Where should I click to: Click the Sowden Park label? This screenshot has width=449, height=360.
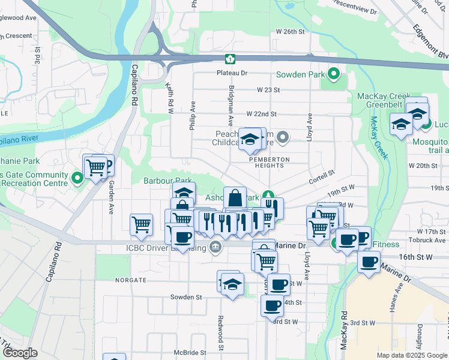click(298, 75)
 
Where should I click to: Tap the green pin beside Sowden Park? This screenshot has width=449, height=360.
click(334, 75)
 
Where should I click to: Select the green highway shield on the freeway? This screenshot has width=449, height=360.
click(229, 59)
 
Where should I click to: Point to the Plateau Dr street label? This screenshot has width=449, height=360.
click(232, 73)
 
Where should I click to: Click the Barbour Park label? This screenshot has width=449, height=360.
click(167, 180)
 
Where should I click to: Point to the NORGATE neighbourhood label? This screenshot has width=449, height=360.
click(131, 280)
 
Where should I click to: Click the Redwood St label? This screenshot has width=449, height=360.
click(221, 333)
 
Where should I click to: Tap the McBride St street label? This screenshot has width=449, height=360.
click(190, 353)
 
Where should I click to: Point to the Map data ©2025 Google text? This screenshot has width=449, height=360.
click(411, 355)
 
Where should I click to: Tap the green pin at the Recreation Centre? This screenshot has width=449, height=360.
click(77, 178)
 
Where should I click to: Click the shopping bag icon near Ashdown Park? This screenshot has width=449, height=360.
click(235, 197)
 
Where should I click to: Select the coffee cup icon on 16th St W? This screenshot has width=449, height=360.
click(369, 262)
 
